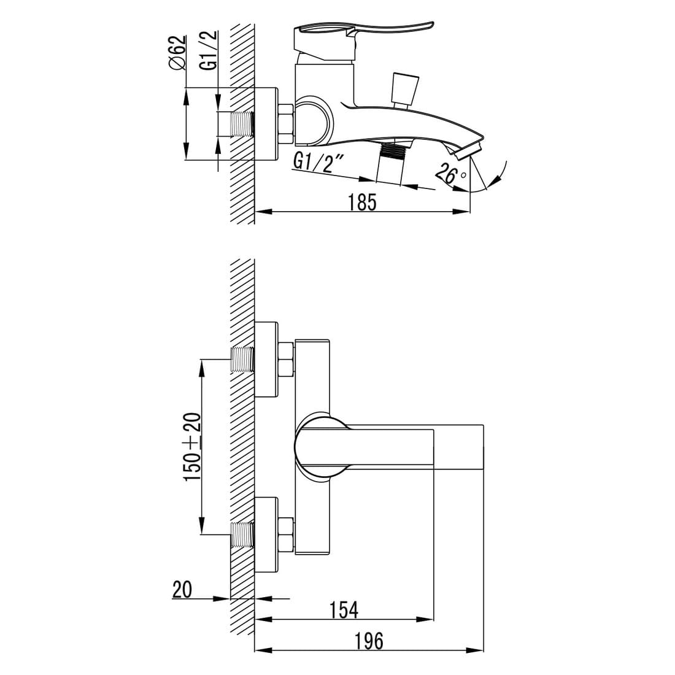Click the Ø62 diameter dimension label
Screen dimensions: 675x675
point(177,53)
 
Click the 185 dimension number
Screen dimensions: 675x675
point(362,202)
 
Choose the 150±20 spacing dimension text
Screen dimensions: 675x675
point(193,447)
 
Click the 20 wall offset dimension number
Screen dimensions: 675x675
point(182,589)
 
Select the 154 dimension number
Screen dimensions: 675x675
point(344,610)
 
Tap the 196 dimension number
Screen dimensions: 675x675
point(369,641)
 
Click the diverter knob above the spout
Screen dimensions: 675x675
point(404,90)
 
